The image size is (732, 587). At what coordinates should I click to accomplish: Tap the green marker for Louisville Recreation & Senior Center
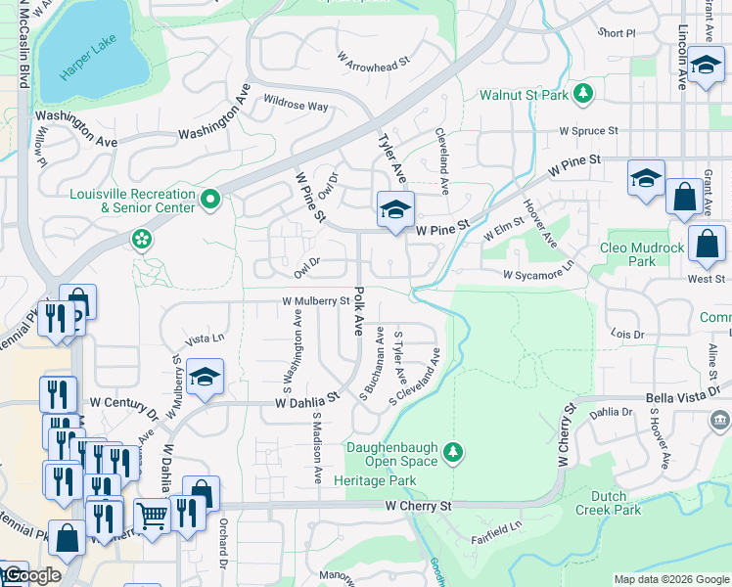[x=209, y=201]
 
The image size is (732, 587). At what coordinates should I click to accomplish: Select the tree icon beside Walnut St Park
[x=583, y=94]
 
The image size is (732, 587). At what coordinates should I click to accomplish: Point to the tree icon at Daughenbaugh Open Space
[x=451, y=451]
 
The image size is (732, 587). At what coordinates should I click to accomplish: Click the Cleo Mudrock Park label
[x=641, y=254]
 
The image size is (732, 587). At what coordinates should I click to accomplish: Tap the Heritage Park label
[x=374, y=480]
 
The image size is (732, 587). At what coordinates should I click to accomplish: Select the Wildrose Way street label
[x=296, y=105]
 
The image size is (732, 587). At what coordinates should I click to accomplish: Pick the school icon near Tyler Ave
[x=394, y=209]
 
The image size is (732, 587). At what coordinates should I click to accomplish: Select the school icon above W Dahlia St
[x=205, y=377]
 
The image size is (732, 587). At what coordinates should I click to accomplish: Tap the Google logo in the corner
[x=32, y=576]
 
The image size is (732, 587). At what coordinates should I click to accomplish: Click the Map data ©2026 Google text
[x=670, y=579]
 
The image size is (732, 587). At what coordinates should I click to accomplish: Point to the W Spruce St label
[x=588, y=130]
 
